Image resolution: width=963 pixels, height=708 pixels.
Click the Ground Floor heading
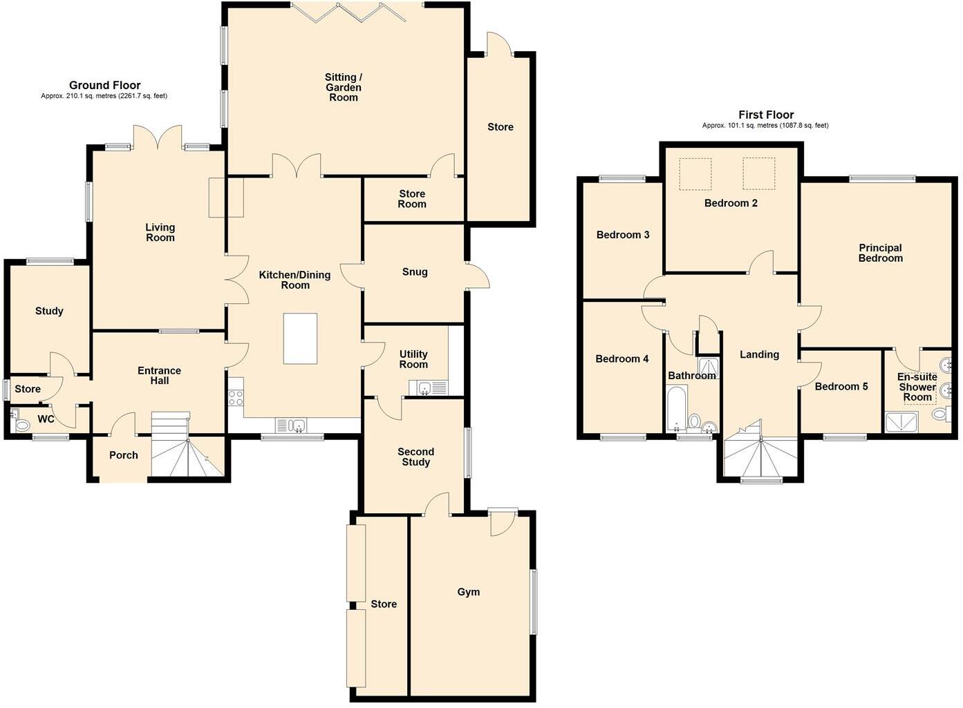pos(104,86)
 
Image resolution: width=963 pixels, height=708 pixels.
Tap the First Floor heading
pos(765,115)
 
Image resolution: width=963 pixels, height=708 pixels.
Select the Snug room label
pos(415,272)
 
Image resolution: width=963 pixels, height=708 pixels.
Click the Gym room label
pos(468,592)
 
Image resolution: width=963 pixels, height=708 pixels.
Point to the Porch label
pos(124,455)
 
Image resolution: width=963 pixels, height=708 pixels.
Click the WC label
pos(46,419)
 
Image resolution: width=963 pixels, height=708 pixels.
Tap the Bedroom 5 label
pos(841,387)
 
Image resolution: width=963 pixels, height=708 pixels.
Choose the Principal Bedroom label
pos(880,253)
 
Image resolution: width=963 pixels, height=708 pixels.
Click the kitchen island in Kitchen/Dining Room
pos(300,338)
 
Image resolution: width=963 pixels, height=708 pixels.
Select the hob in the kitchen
pos(236,397)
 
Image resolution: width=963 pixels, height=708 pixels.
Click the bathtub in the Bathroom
pos(675,409)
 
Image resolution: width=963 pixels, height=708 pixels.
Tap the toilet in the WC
pos(21,425)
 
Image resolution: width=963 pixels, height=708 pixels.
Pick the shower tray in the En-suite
pos(901,421)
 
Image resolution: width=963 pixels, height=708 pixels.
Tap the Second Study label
pos(415,457)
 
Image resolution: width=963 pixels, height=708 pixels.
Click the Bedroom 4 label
pos(621,359)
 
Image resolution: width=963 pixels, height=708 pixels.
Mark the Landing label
pos(759,355)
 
